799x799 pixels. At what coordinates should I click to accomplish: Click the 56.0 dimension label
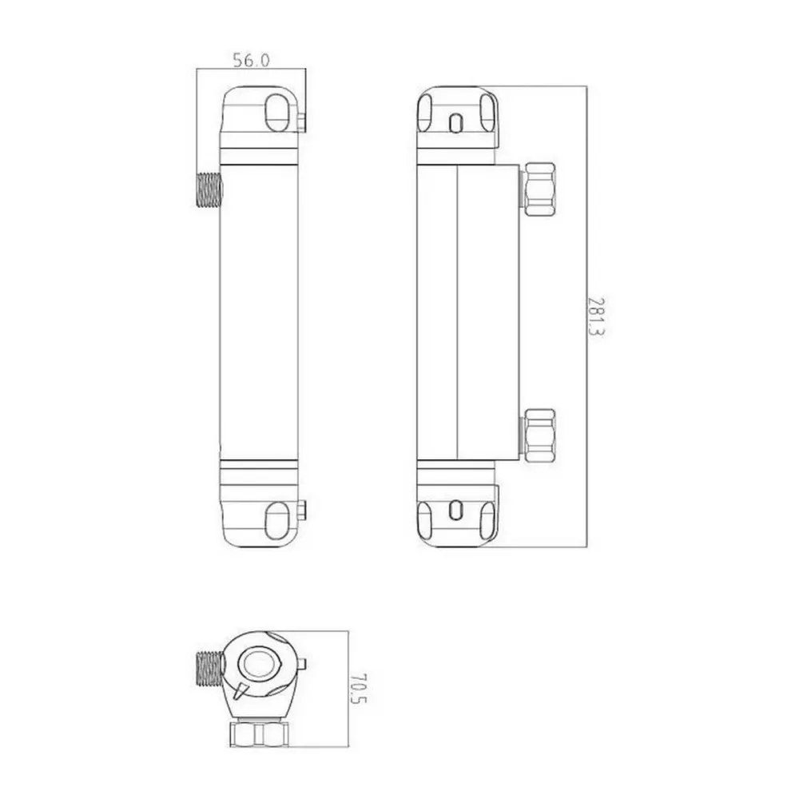pyautogui.click(x=251, y=60)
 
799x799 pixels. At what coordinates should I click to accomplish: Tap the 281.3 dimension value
pyautogui.click(x=595, y=316)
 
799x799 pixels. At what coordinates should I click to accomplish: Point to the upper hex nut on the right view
pyautogui.click(x=539, y=189)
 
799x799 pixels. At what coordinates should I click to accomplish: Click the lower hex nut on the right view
pyautogui.click(x=539, y=435)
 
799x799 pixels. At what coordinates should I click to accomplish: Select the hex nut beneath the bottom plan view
pyautogui.click(x=259, y=733)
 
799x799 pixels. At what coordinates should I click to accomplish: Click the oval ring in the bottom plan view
pyautogui.click(x=260, y=663)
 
